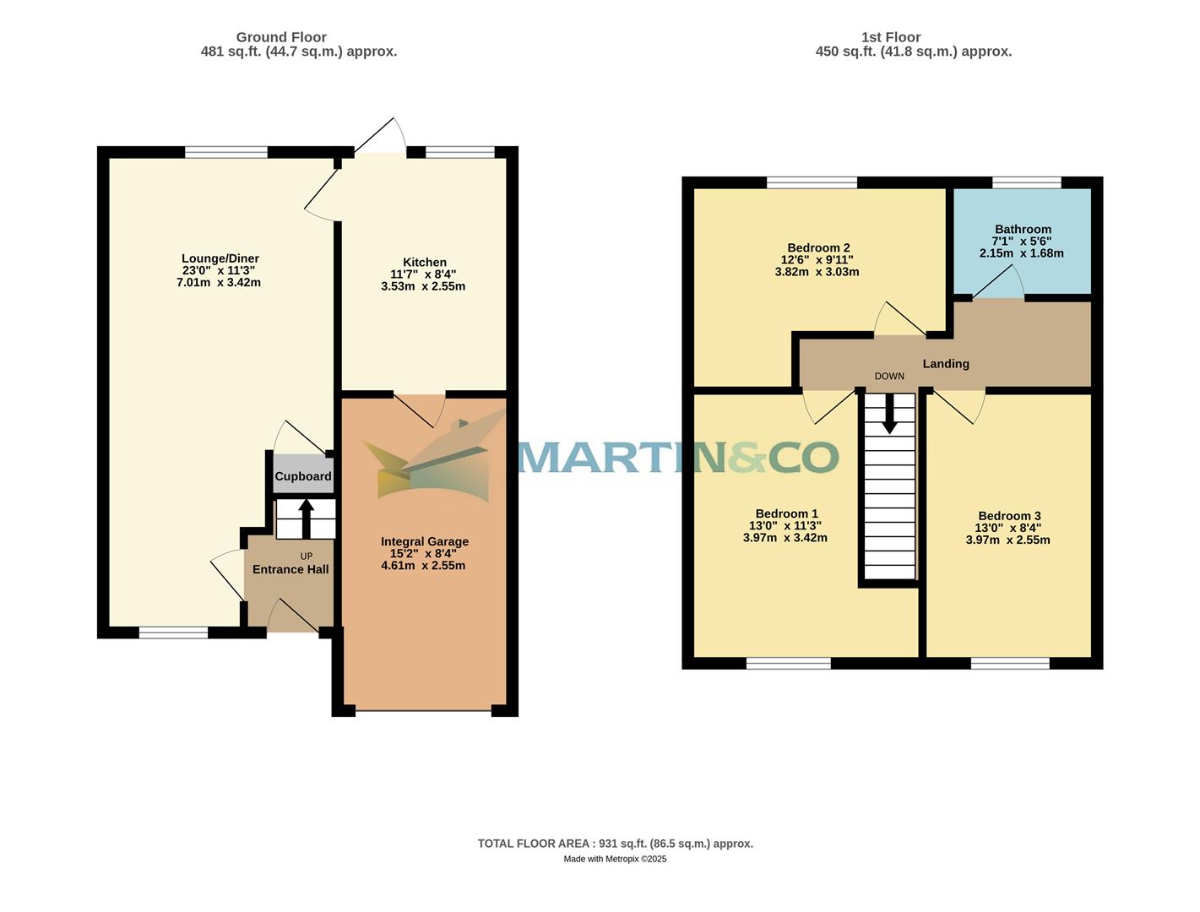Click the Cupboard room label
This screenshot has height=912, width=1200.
(x=303, y=476)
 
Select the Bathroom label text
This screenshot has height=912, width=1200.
(x=1023, y=229)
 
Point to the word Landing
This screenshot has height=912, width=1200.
(x=945, y=364)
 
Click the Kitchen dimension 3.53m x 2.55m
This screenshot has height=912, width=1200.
(x=423, y=286)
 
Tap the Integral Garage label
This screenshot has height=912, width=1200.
(x=424, y=542)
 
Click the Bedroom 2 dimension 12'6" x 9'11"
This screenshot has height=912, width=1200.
(x=817, y=260)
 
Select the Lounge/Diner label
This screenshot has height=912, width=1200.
(x=220, y=258)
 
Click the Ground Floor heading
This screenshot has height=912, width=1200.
(x=281, y=37)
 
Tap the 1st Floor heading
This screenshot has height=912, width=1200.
(x=891, y=37)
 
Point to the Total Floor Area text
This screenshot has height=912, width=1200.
(x=615, y=844)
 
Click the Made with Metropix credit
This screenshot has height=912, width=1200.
(x=615, y=859)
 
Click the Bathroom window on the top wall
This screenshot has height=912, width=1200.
(x=1026, y=182)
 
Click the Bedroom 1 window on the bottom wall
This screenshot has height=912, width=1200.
(x=788, y=664)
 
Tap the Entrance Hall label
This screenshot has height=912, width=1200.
(x=290, y=569)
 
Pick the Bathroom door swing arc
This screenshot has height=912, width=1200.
(x=999, y=283)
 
